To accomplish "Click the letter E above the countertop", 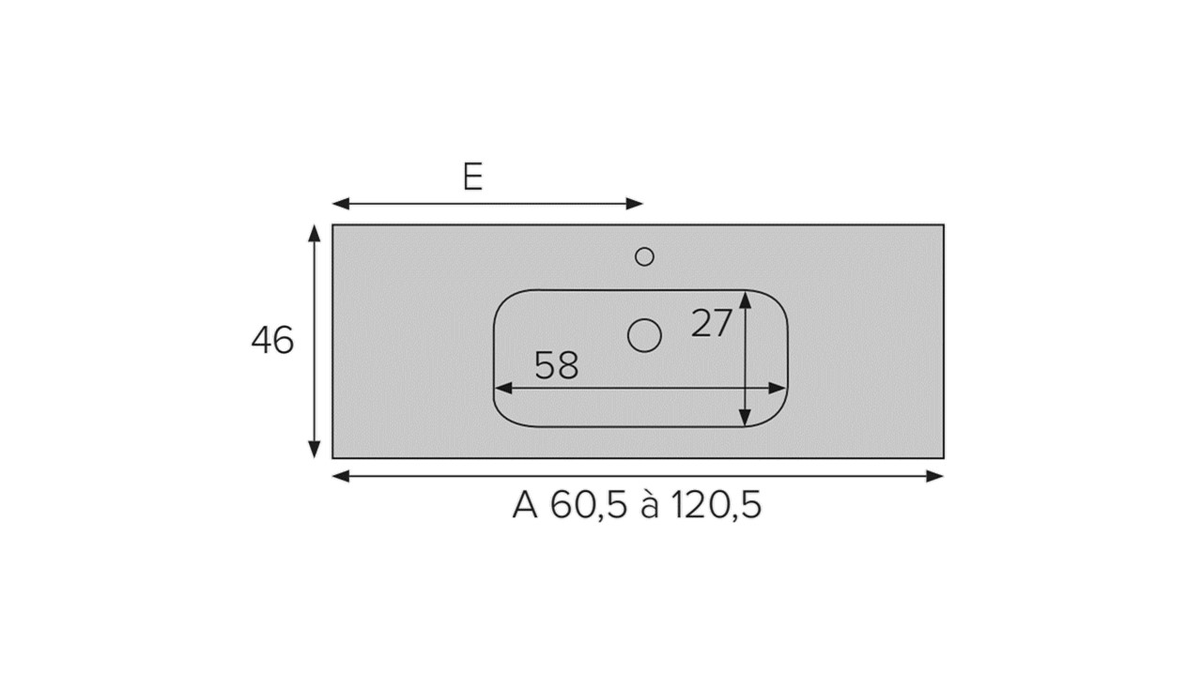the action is (x=472, y=176).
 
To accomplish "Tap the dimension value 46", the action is (x=272, y=340).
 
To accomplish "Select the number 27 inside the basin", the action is (x=712, y=323).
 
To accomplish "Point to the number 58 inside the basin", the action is (x=557, y=365).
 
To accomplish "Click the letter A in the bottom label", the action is (x=525, y=504).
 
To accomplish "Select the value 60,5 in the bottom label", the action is (x=588, y=505).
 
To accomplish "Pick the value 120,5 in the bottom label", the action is (x=716, y=505).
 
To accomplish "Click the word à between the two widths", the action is (x=649, y=505).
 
